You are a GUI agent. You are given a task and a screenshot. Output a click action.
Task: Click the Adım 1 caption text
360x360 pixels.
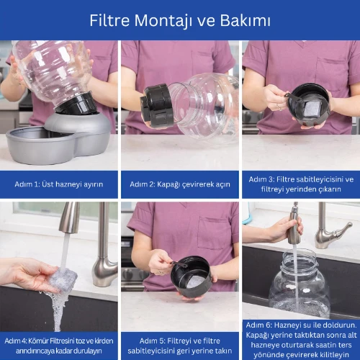point(59,184)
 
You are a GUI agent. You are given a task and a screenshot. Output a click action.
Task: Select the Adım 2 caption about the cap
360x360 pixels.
point(180,184)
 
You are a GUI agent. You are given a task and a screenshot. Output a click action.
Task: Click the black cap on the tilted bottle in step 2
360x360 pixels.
point(156,104)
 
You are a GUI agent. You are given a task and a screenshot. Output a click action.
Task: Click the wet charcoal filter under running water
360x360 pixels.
point(63,279)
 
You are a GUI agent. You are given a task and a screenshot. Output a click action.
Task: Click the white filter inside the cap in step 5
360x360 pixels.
point(196,282)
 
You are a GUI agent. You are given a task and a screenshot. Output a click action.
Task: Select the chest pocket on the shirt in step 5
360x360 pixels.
point(212,233)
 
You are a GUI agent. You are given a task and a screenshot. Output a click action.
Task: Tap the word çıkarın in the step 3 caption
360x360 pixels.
point(330,189)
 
